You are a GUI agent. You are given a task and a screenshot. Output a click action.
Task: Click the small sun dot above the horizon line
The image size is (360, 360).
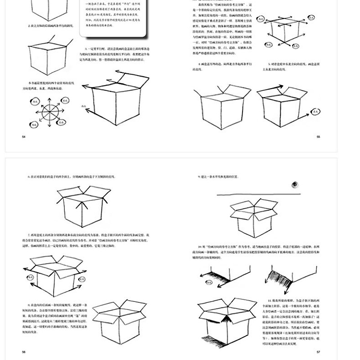(295, 184)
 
